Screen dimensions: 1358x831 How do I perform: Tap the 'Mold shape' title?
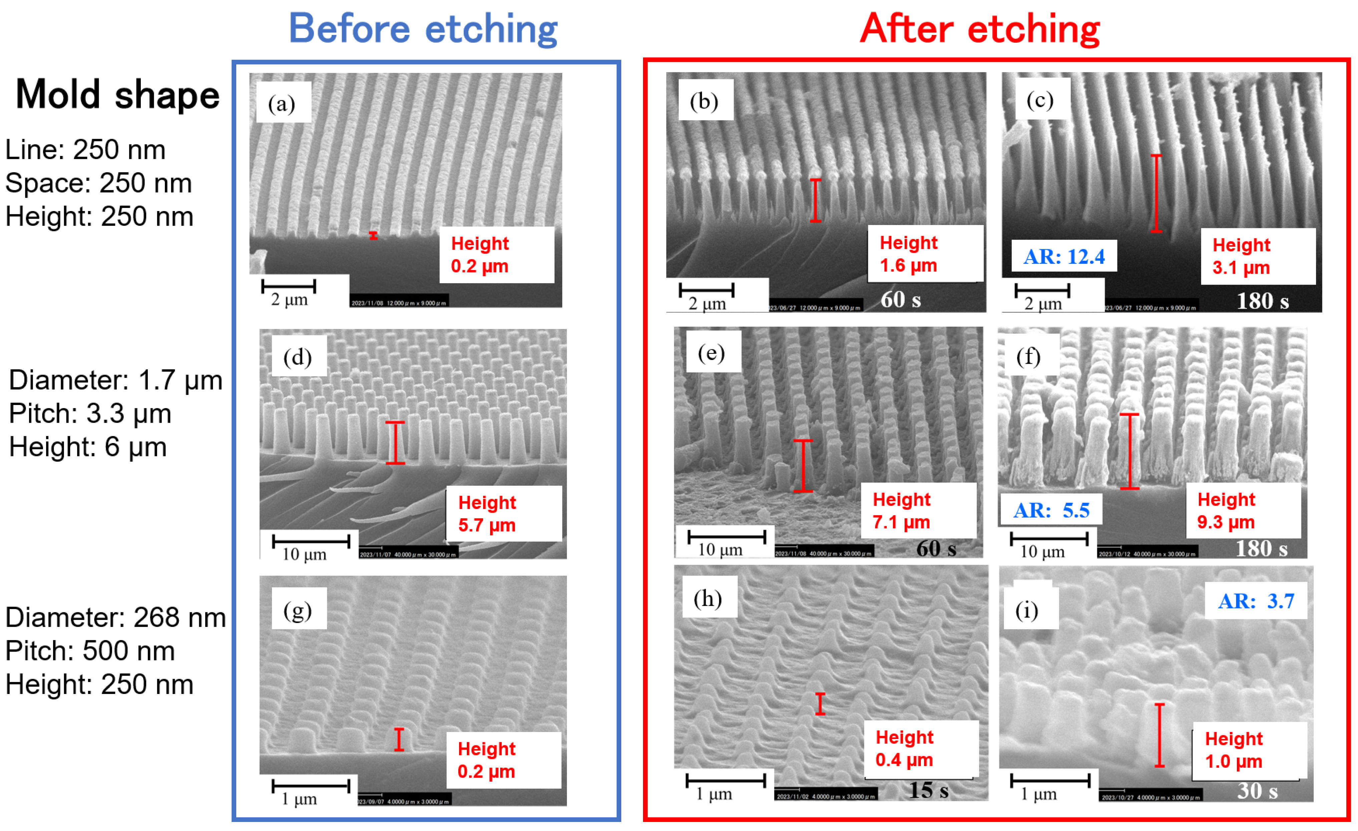click(117, 95)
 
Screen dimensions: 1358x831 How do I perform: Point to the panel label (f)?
click(1028, 356)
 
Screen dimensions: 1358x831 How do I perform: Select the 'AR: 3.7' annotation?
click(1256, 601)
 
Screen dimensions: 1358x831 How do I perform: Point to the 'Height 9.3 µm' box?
click(1243, 510)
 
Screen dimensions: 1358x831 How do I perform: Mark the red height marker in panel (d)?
click(395, 443)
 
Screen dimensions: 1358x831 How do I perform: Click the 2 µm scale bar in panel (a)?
click(289, 286)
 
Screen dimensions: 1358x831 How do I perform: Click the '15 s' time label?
click(928, 790)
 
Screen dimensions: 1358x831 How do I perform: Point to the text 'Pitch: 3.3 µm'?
click(90, 414)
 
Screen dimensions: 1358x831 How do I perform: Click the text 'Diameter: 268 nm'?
click(115, 617)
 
